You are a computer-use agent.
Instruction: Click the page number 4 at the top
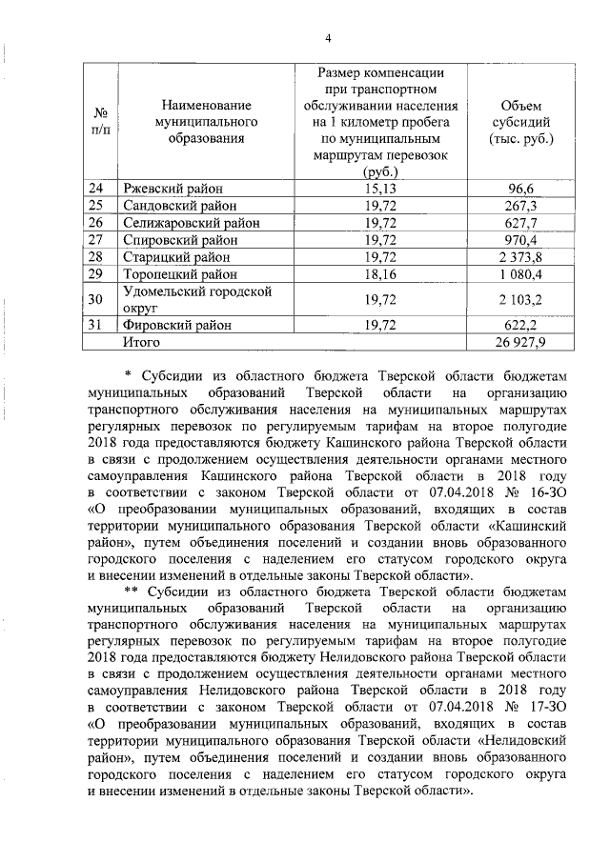(x=328, y=37)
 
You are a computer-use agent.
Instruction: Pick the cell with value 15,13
(x=380, y=189)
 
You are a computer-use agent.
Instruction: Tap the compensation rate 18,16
(x=380, y=274)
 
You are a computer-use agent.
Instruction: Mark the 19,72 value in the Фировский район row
(x=380, y=325)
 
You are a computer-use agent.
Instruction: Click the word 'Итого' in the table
(x=133, y=341)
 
